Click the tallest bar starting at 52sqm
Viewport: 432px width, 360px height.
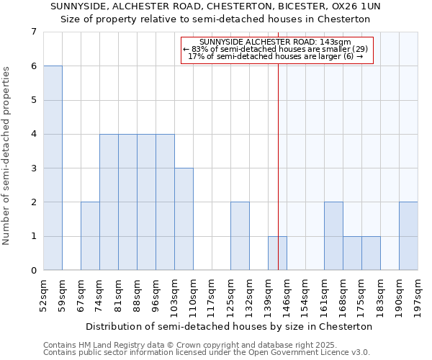pyautogui.click(x=53, y=168)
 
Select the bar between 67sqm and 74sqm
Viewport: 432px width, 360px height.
pyautogui.click(x=90, y=236)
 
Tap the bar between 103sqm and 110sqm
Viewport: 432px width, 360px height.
pyautogui.click(x=184, y=219)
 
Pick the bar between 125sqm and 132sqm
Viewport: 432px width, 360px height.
pyautogui.click(x=240, y=236)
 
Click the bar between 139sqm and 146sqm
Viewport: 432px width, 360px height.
pyautogui.click(x=277, y=253)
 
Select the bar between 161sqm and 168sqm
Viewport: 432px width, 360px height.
pyautogui.click(x=333, y=236)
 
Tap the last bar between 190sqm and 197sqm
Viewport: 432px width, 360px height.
pyautogui.click(x=408, y=236)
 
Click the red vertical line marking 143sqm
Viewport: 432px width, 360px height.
pyautogui.click(x=279, y=180)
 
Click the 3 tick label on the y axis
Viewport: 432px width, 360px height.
pyautogui.click(x=33, y=168)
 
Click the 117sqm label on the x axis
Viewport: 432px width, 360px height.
pyautogui.click(x=212, y=293)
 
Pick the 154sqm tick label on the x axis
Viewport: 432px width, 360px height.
pyautogui.click(x=305, y=293)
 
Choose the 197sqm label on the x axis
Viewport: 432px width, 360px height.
pyautogui.click(x=418, y=293)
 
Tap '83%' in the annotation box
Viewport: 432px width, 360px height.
pyautogui.click(x=199, y=49)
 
